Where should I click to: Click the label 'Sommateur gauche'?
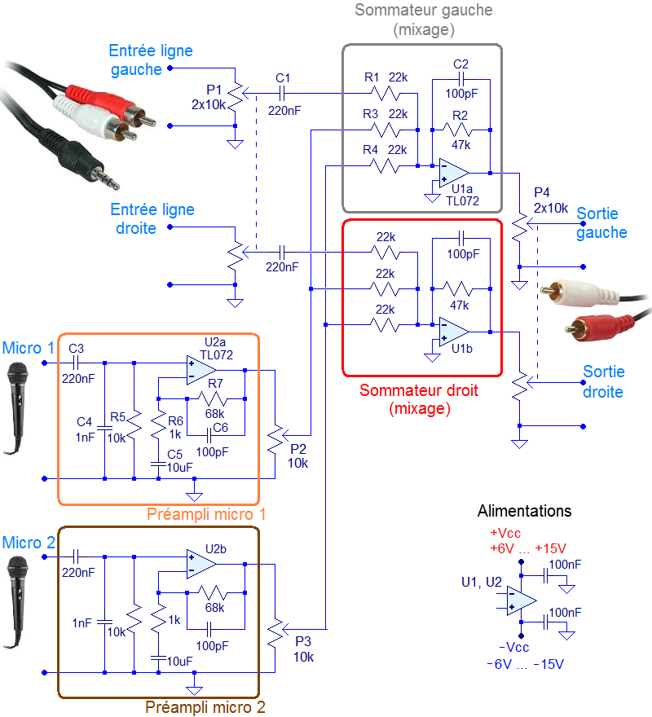click(423, 11)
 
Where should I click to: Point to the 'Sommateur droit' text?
click(419, 390)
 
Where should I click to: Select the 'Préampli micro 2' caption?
click(205, 707)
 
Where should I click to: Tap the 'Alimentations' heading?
click(524, 512)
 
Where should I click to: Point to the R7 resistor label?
click(216, 383)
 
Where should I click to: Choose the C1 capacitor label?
click(283, 77)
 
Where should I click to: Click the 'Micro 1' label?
click(28, 348)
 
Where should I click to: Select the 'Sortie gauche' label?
click(601, 223)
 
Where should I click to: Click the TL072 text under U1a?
click(462, 200)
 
